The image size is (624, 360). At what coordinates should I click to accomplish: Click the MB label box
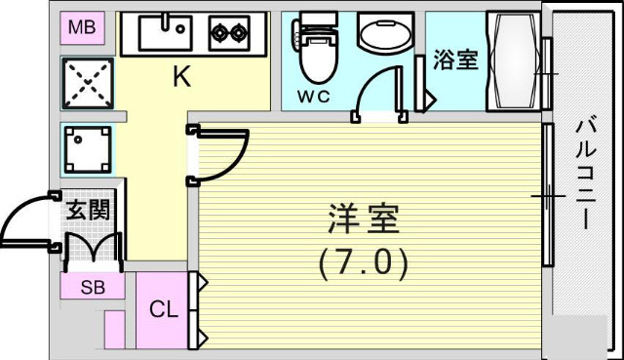point(82,27)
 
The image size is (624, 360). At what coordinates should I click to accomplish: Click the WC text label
point(314,98)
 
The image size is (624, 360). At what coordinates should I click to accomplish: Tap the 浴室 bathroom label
point(456,60)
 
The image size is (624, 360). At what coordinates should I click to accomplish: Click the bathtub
point(512,61)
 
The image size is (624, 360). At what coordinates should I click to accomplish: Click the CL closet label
point(163,311)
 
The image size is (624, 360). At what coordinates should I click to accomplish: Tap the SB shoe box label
point(93,287)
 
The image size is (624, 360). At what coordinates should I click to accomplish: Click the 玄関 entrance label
point(87,209)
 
